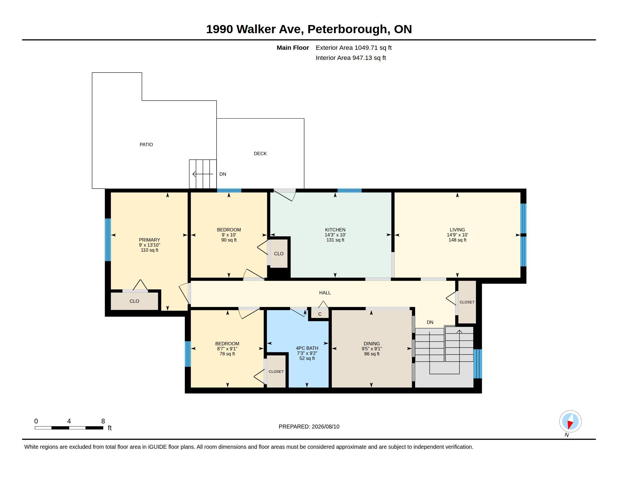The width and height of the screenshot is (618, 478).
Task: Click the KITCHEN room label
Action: pos(335,230)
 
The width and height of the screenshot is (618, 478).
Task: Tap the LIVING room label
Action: pos(457,230)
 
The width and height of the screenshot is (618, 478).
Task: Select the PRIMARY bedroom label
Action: pos(149,240)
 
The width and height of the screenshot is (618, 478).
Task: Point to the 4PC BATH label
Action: pos(307,348)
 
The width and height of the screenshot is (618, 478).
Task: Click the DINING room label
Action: pos(372,344)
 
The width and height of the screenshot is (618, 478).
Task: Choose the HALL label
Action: pos(325,293)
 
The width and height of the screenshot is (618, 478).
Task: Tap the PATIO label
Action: pos(146,145)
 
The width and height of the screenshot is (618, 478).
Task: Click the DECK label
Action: pos(260,154)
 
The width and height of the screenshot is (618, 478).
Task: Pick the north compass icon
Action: pos(570,421)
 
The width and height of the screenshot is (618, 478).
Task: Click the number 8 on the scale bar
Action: pos(103,421)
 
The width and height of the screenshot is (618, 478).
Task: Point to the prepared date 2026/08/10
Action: pos(325,427)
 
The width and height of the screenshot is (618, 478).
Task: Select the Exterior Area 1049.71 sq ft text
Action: pos(354,48)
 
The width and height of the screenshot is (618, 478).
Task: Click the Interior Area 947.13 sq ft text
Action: pos(351,58)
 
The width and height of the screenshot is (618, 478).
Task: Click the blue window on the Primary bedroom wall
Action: pos(108,240)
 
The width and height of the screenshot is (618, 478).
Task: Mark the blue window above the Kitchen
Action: pos(349,191)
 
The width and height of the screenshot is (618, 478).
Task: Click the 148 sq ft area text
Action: pos(457,240)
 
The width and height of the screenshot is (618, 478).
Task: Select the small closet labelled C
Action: pos(320,314)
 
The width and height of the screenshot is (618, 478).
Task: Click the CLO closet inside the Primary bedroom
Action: pos(134,301)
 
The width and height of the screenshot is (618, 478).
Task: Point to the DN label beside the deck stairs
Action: pos(223,174)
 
